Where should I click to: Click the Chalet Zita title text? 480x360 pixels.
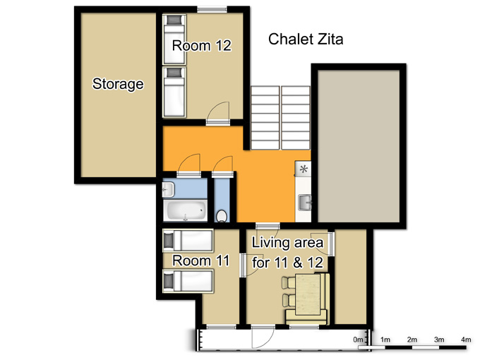306,40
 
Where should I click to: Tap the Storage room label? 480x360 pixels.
118,84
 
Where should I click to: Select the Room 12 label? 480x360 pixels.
201,46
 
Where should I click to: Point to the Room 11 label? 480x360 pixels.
200,260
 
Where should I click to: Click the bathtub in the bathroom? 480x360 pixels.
185,210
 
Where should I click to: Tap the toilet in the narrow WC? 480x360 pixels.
221,216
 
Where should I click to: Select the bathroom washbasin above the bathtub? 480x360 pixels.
168,189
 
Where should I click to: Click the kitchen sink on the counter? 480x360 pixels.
304,203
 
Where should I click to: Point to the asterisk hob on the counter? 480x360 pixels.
304,169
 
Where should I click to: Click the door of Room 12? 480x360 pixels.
218,114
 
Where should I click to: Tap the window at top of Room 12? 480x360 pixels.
212,9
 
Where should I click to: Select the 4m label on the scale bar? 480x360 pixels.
466,340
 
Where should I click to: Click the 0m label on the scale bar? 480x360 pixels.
358,340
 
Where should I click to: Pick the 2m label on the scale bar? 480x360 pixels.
412,340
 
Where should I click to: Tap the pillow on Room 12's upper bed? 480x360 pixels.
174,20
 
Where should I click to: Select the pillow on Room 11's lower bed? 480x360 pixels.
169,281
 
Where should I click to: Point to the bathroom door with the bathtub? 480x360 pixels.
189,166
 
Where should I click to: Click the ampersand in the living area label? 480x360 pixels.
297,263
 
